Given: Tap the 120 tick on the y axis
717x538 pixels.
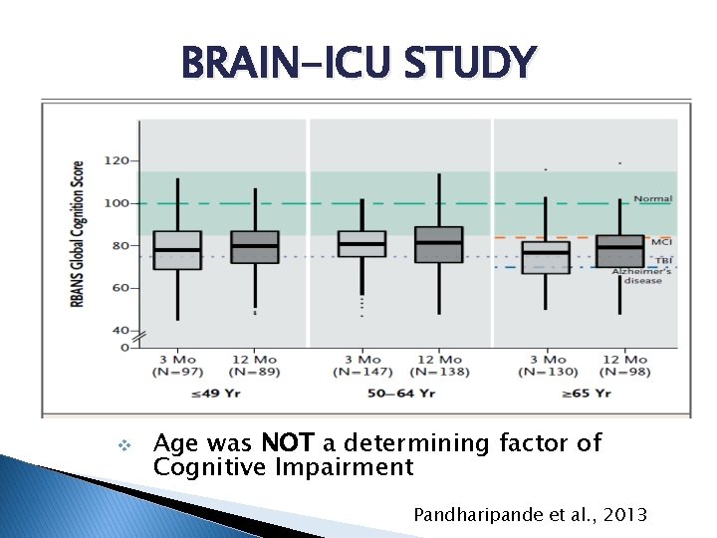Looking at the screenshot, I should (117, 160).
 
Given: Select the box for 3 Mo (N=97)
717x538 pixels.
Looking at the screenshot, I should (177, 250).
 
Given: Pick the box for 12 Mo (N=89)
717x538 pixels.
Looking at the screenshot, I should (255, 247).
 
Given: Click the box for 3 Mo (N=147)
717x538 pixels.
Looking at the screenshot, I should (361, 244).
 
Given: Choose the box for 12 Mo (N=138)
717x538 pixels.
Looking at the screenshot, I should (438, 245).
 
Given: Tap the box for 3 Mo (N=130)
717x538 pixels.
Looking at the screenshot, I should (546, 257).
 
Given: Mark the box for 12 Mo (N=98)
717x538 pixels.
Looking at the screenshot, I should (619, 251).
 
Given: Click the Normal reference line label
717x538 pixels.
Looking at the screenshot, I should (653, 198).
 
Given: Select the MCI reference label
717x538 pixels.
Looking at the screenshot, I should (661, 242).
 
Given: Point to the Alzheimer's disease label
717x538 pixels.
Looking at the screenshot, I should (641, 276).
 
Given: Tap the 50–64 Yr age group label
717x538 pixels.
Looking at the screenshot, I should (401, 394).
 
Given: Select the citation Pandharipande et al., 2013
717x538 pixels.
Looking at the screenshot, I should (531, 514).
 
